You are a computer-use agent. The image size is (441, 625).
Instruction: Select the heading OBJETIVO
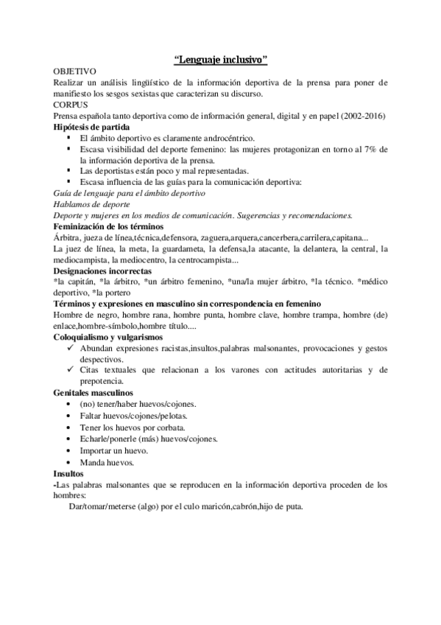pos(75,71)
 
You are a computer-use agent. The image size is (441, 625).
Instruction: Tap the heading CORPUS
pos(70,105)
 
